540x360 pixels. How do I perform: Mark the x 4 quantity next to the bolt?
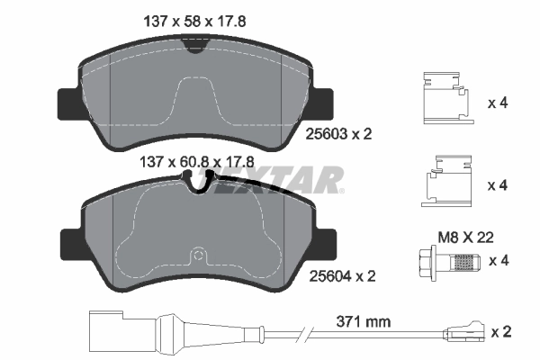[498, 262]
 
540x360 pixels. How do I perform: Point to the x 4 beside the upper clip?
[498, 103]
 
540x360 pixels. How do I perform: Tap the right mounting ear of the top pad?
[325, 103]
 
